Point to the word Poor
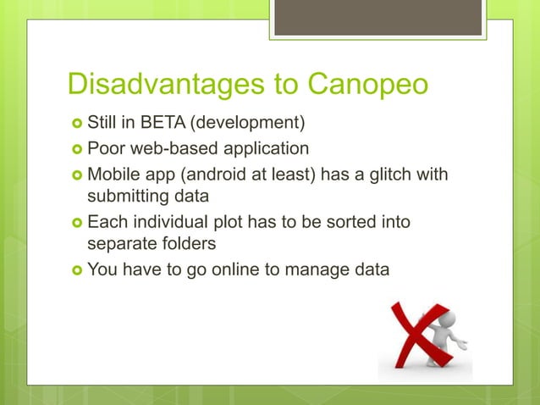pyautogui.click(x=107, y=150)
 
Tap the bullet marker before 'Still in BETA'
pyautogui.click(x=75, y=127)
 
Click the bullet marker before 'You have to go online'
pyautogui.click(x=75, y=271)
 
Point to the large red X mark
pyautogui.click(x=412, y=339)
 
